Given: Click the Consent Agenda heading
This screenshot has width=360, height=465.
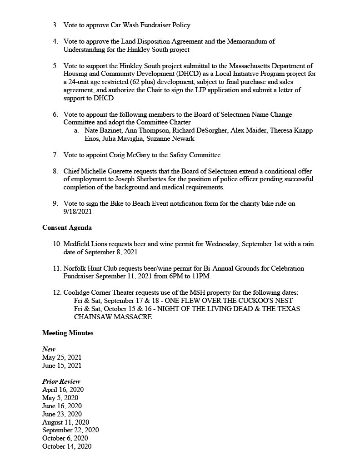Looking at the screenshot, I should coord(67,228).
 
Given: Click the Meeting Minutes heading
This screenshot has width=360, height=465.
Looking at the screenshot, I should coord(68,333).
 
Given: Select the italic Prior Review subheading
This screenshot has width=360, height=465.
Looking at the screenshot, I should coord(61,381).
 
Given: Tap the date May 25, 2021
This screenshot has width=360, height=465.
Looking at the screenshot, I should coord(62,357).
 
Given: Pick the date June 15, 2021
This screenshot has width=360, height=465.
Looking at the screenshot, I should coord(62,366).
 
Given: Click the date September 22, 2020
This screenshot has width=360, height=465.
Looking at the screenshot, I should coord(70,430).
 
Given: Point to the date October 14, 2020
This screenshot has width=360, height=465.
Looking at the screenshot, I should coord(67,446).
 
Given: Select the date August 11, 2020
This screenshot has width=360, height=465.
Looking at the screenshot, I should coord(65,422).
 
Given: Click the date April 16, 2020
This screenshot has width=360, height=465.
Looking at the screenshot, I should coord(63,390).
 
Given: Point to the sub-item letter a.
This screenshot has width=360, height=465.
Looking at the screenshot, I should coord(76,130).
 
